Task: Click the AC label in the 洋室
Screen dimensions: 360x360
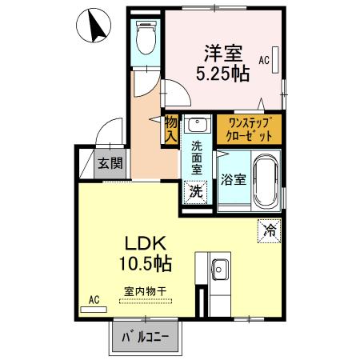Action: (263, 59)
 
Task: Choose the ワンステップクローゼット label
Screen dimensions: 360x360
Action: (249, 128)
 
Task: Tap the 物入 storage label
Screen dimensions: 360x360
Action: (170, 129)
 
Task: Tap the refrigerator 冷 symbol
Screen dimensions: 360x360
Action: (268, 231)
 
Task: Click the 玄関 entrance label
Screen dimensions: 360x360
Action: (110, 165)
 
